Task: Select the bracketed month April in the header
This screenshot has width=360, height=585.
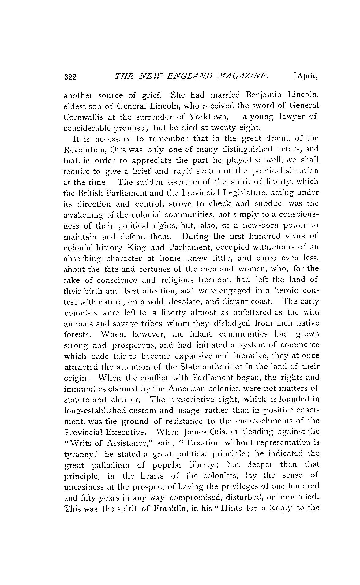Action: (x=305, y=76)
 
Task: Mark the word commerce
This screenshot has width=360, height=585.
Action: (x=300, y=345)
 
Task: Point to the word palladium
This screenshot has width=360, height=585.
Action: (x=111, y=465)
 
